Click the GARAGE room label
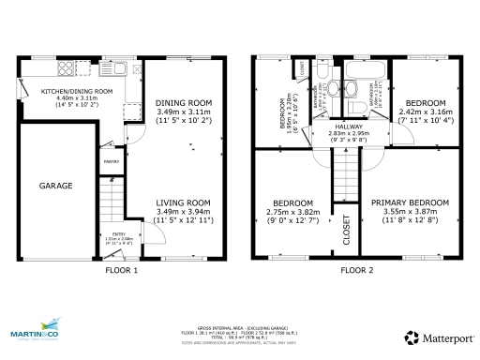55,186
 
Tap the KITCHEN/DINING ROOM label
76,91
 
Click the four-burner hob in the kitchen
136,69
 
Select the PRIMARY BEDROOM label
410,202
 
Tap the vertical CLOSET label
346,230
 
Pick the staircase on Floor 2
347,173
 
